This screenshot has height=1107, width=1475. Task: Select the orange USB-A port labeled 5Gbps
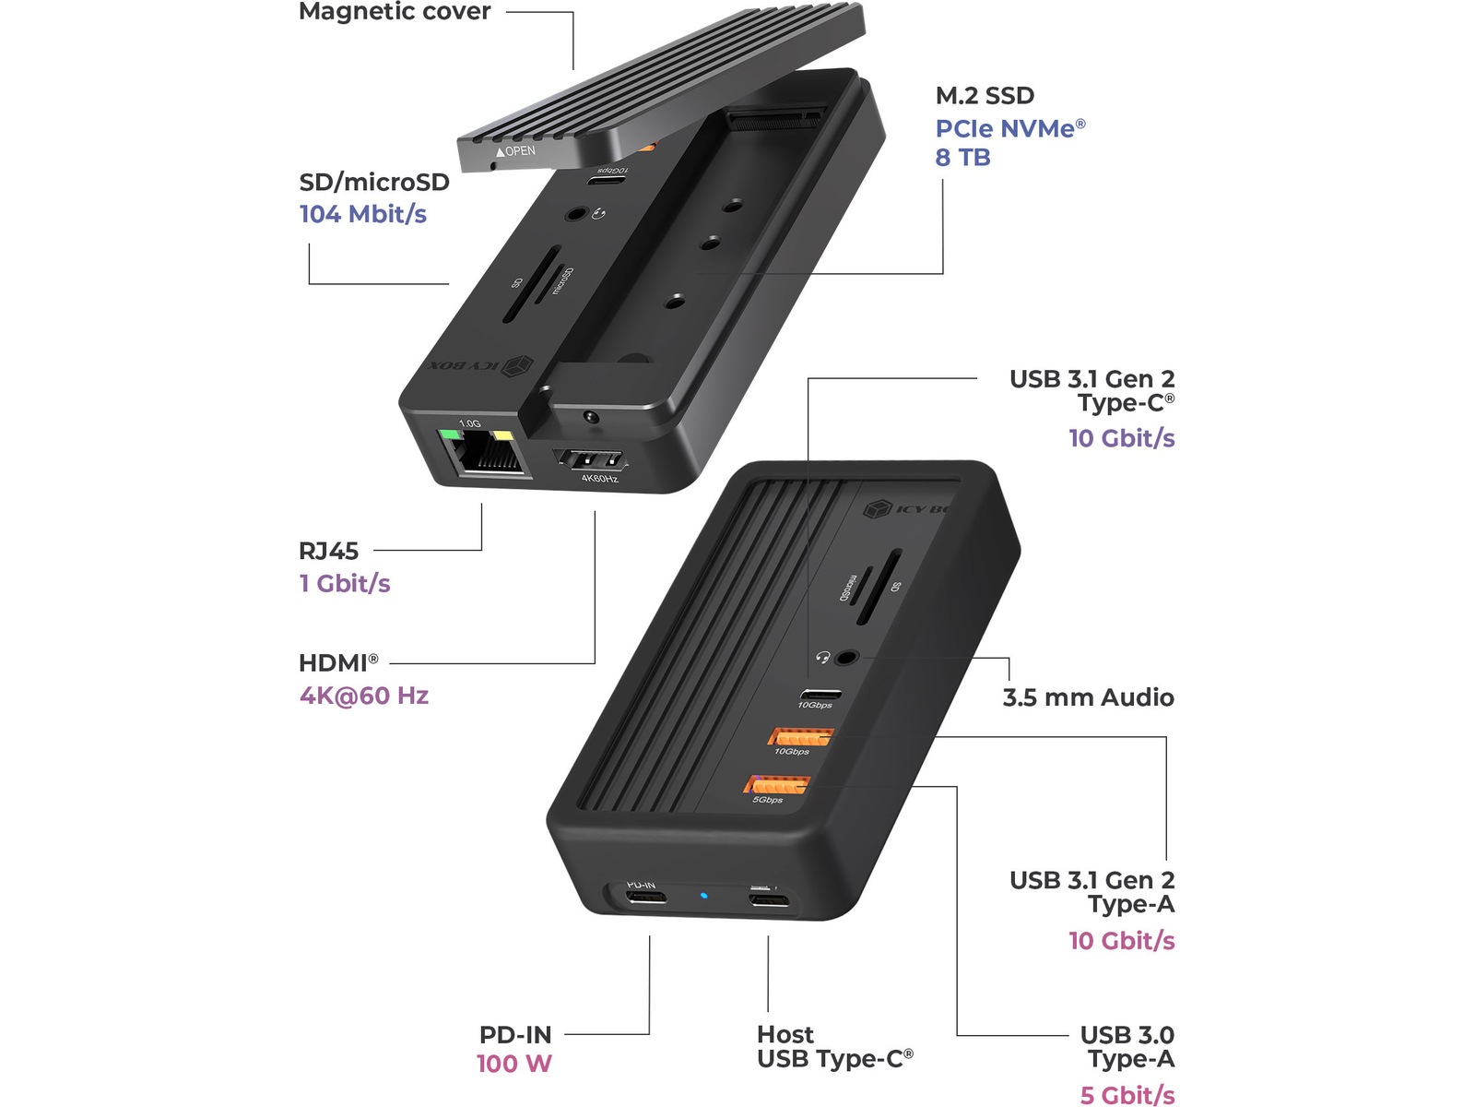click(x=776, y=784)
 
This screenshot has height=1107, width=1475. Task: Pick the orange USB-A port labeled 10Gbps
click(x=800, y=736)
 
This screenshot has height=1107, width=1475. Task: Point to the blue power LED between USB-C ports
click(x=704, y=895)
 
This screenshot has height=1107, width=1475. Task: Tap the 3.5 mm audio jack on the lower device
click(x=846, y=658)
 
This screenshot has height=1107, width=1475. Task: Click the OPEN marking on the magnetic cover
click(x=516, y=151)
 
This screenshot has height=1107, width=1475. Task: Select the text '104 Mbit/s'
click(x=363, y=214)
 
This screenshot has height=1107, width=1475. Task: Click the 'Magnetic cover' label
click(x=395, y=12)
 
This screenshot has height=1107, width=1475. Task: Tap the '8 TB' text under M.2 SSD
click(x=962, y=158)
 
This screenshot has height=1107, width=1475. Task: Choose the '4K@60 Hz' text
click(x=364, y=696)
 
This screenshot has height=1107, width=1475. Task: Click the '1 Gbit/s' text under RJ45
click(x=345, y=583)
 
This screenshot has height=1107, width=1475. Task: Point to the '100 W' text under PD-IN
click(x=513, y=1064)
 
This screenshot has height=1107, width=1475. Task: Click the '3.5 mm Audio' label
click(x=1088, y=697)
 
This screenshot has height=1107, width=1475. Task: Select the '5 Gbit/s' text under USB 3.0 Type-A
click(x=1127, y=1095)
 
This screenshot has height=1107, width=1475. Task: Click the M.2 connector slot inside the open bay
click(x=773, y=118)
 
